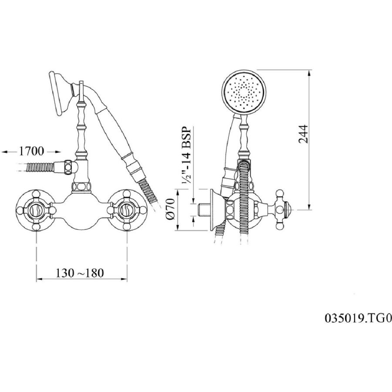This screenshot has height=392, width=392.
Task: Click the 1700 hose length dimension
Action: pos(31,151)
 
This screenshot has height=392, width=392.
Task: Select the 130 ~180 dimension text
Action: pos(80,273)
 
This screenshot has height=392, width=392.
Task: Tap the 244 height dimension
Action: pos(304,134)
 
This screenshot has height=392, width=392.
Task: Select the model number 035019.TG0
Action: pos(358,318)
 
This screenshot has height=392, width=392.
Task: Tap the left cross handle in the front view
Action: pos(37,210)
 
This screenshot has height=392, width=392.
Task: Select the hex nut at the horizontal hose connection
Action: pos(68,167)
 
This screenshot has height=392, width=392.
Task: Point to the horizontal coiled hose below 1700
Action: pos(40,167)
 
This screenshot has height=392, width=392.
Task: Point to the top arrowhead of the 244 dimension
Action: pos(310,72)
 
